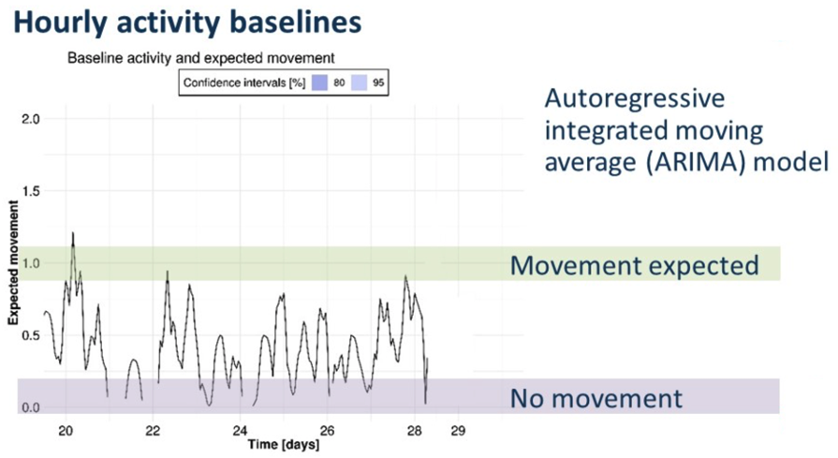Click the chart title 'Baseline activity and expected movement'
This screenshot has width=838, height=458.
pos(201,58)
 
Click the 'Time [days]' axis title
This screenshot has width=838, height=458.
pos(283,445)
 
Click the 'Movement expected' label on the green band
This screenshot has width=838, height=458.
pos(634,265)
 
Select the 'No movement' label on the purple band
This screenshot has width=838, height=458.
pos(595,399)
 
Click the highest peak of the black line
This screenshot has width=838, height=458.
pos(72,233)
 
